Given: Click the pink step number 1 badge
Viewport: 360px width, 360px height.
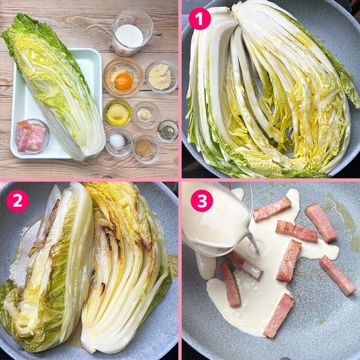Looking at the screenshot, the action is pyautogui.click(x=199, y=18).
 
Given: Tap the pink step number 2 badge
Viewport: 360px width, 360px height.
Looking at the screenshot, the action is pyautogui.click(x=17, y=200).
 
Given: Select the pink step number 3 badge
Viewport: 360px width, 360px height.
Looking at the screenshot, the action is pyautogui.click(x=202, y=200).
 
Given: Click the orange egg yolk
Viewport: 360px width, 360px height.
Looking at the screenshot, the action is pyautogui.click(x=123, y=82).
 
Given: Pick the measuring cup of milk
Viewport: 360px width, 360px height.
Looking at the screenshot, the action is pyautogui.click(x=131, y=33).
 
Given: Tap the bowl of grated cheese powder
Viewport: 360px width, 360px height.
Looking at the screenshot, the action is pyautogui.click(x=162, y=77).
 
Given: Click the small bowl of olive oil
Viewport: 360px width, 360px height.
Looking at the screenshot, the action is pyautogui.click(x=118, y=113).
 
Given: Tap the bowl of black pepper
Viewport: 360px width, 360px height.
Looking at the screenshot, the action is pyautogui.click(x=168, y=131).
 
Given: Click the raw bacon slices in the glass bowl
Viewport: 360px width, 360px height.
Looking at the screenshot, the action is pyautogui.click(x=31, y=136).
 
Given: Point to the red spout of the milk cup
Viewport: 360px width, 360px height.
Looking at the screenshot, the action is pyautogui.click(x=134, y=21).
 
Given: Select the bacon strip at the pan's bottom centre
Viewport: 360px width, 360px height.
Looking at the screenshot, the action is pyautogui.click(x=279, y=316).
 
